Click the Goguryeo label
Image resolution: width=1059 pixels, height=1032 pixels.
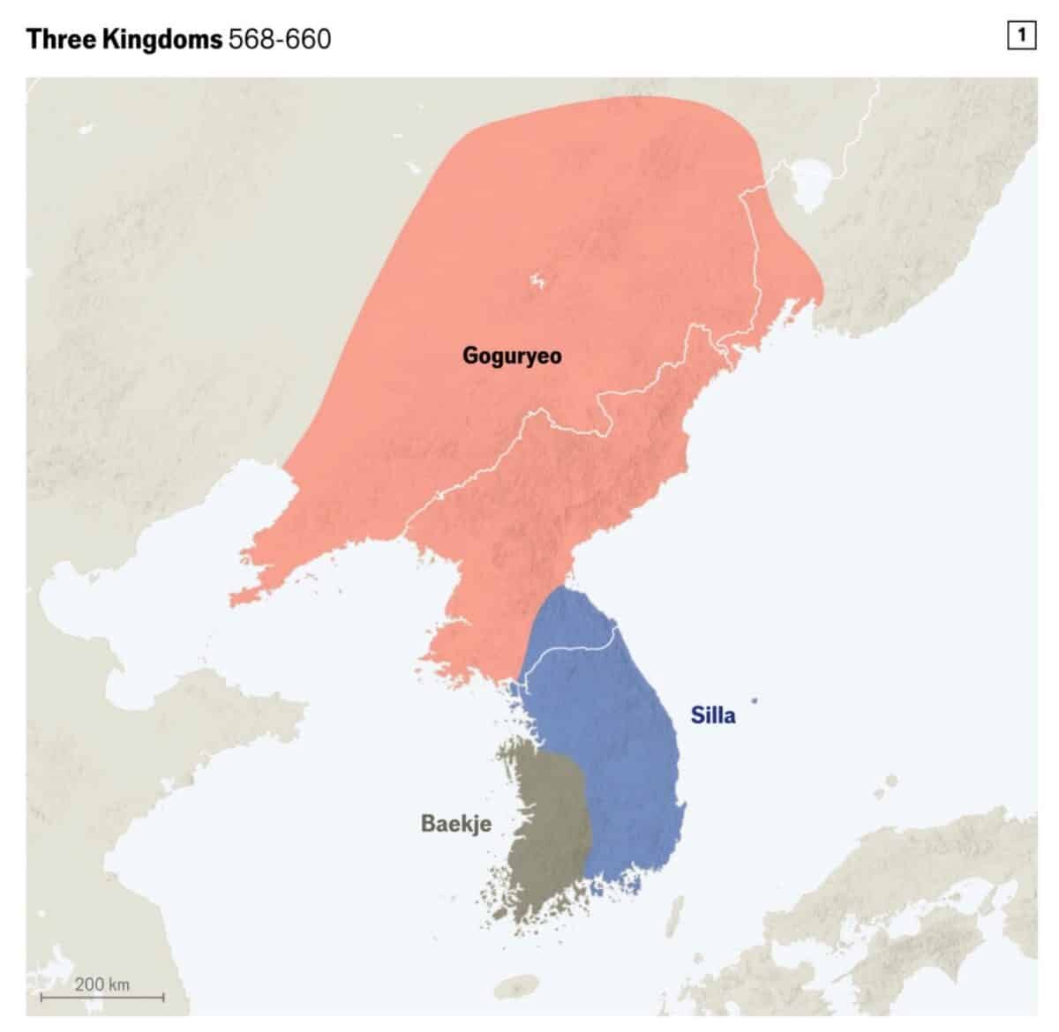pos(512,356)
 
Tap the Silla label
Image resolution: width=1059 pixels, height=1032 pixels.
pos(713,714)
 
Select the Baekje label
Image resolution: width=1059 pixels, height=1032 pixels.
pos(455,824)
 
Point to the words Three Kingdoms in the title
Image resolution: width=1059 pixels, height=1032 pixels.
pos(124,39)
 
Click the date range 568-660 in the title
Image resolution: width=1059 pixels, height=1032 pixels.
pos(280,39)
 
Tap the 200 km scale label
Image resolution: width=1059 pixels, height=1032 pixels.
pos(101,983)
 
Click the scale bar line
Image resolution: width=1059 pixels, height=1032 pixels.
pos(101,998)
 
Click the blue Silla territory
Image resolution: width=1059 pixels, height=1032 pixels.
pos(618,750)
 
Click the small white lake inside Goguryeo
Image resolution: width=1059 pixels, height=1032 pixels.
pos(536,282)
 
